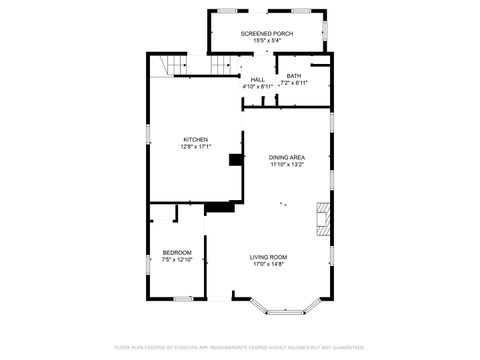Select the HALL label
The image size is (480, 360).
258,80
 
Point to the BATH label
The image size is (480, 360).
294,75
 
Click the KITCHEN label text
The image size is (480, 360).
196,139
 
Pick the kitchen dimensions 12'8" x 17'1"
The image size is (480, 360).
196,147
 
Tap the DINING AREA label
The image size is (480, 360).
287,157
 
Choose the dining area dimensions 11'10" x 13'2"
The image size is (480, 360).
287,165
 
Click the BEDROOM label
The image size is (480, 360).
177,252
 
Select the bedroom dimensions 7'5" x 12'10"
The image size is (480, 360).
177,259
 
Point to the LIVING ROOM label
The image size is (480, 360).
268,256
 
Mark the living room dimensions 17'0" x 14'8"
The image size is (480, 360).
268,264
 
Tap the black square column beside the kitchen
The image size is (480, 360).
235,159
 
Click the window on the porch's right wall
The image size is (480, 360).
326,32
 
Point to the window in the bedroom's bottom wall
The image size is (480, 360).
181,298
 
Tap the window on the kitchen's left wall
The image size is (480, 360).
148,131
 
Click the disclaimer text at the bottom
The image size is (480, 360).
240,347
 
